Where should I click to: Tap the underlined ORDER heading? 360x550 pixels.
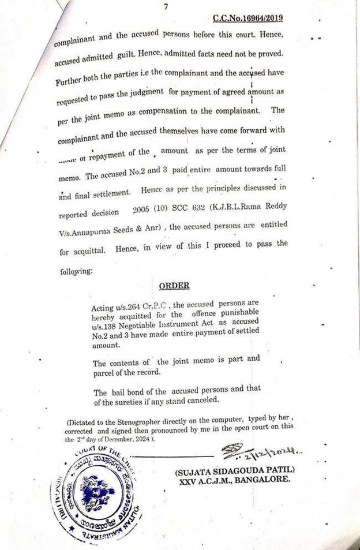point(174,285)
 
